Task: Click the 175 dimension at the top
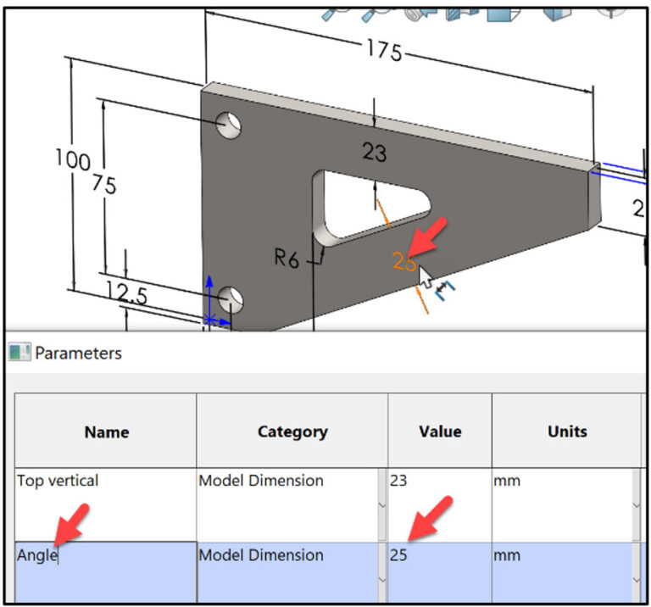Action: (384, 51)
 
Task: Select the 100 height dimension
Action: (71, 159)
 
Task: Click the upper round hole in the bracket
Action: (228, 125)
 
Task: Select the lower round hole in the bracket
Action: (230, 298)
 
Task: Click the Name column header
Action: (107, 432)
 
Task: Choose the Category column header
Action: (292, 432)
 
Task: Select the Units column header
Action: (566, 432)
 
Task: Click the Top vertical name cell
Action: (58, 481)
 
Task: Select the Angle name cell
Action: (37, 555)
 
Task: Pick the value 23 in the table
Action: (398, 481)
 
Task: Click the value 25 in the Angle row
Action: (398, 555)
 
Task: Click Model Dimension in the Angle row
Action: (260, 555)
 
